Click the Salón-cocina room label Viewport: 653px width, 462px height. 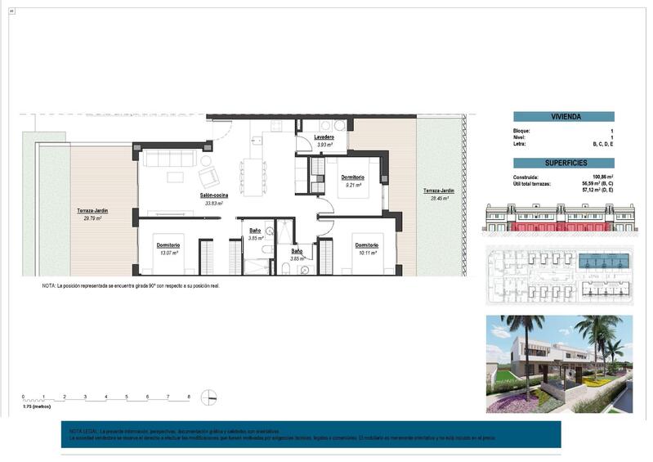[x=213, y=195]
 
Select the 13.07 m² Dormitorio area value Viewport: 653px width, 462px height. [x=168, y=253]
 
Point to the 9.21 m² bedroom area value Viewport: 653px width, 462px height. [x=352, y=185]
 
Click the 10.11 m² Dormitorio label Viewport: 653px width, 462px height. [x=366, y=245]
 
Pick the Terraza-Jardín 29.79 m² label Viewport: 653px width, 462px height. [x=92, y=210]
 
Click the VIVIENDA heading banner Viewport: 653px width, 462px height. [x=563, y=117]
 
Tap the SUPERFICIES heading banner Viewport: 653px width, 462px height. [x=563, y=163]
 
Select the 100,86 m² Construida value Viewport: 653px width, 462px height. [x=603, y=177]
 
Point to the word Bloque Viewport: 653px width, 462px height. [x=521, y=131]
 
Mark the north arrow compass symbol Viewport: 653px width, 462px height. [x=209, y=397]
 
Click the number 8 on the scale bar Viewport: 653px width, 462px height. [x=189, y=397]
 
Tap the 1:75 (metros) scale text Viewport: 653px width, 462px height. [x=37, y=406]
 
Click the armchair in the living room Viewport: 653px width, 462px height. [x=207, y=177]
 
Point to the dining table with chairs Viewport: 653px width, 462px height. [x=253, y=173]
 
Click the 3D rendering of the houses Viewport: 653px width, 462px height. [x=558, y=364]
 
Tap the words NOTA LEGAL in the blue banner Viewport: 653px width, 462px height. [x=83, y=431]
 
